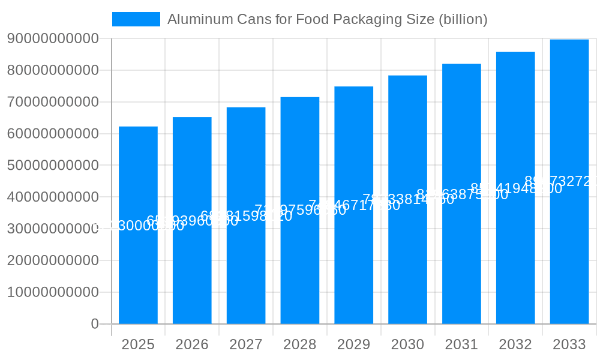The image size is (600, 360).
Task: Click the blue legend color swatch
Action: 136,19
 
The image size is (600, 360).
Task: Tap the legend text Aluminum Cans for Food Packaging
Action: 327,19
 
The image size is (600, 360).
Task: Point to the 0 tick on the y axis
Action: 95,324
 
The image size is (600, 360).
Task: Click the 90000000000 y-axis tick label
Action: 53,39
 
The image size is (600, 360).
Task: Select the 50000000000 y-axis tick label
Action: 53,166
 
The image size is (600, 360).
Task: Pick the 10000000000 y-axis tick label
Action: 53,292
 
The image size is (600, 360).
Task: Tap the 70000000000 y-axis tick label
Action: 53,102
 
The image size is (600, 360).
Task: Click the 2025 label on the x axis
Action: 138,344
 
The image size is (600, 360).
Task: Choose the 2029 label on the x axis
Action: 354,344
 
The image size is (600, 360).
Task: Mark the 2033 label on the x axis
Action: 569,344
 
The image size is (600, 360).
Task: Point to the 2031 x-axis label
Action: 461,344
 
